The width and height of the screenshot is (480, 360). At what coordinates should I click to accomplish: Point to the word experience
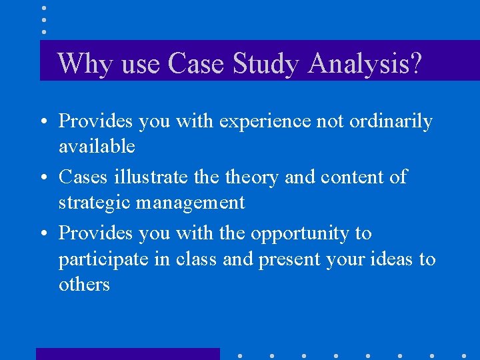pyautogui.click(x=265, y=122)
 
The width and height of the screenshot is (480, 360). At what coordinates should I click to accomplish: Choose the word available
pyautogui.click(x=97, y=146)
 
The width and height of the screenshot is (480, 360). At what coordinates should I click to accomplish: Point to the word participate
pyautogui.click(x=103, y=259)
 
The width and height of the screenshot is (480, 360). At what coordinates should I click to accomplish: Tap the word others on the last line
pyautogui.click(x=84, y=285)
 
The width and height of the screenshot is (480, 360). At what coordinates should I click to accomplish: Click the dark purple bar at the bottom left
pyautogui.click(x=127, y=354)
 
